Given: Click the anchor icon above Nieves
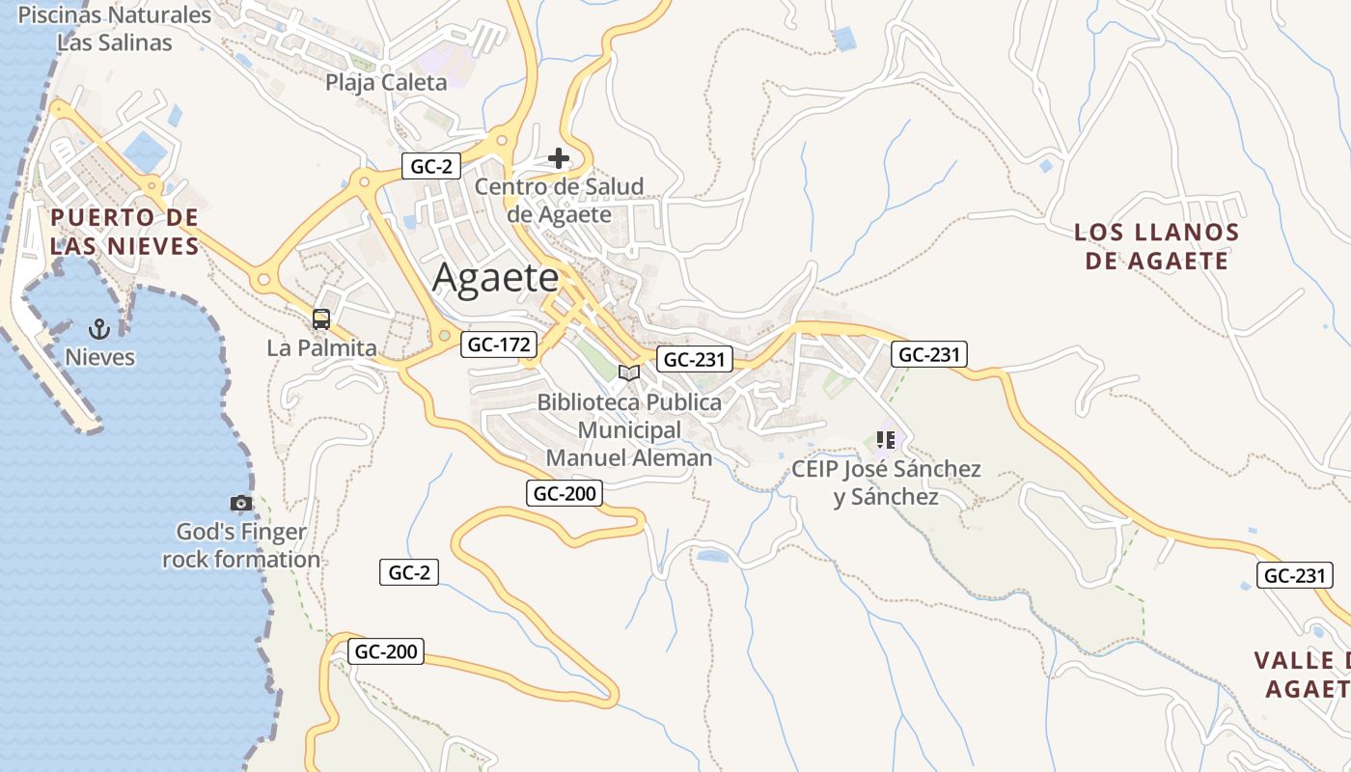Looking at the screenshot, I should [x=99, y=328].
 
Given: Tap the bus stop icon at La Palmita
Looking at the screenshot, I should [x=321, y=318].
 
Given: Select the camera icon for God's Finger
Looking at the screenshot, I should [x=241, y=503].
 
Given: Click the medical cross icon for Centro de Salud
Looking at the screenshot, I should [x=559, y=158].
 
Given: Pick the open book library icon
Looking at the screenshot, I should [x=629, y=372].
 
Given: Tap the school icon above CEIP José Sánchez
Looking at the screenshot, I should [x=886, y=440].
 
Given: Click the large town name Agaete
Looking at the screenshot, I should [x=496, y=278].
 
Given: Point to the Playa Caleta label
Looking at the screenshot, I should [x=386, y=82].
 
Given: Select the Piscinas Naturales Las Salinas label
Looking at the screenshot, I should [x=114, y=29].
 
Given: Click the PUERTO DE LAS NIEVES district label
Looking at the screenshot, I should [x=124, y=232].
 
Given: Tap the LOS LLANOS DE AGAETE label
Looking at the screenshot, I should [x=1156, y=246].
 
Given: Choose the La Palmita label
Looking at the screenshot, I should [x=321, y=347].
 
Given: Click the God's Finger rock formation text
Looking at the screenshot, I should [x=241, y=545].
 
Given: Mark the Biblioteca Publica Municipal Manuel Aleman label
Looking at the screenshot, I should [x=629, y=429].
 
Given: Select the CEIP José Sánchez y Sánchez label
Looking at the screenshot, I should [x=886, y=482].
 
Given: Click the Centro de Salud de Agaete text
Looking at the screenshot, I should [x=560, y=200].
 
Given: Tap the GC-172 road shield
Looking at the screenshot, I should [x=499, y=344].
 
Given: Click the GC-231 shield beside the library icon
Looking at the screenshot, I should [x=695, y=360].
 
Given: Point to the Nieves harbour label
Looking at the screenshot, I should [x=99, y=357].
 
